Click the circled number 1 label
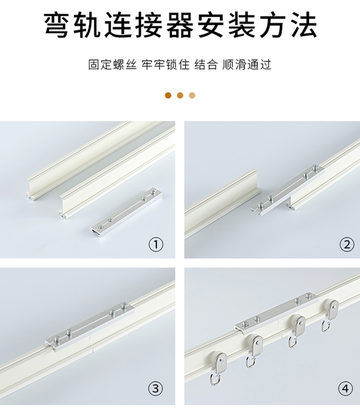click(156, 245)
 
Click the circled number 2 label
click(347, 245)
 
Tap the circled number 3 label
click(156, 388)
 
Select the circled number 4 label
click(345, 388)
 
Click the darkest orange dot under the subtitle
click(168, 95)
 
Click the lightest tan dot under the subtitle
click(192, 95)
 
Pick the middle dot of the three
click(180, 95)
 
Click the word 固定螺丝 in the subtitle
click(112, 64)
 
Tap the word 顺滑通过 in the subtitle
click(247, 64)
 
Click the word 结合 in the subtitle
click(206, 64)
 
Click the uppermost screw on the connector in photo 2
click(315, 168)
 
